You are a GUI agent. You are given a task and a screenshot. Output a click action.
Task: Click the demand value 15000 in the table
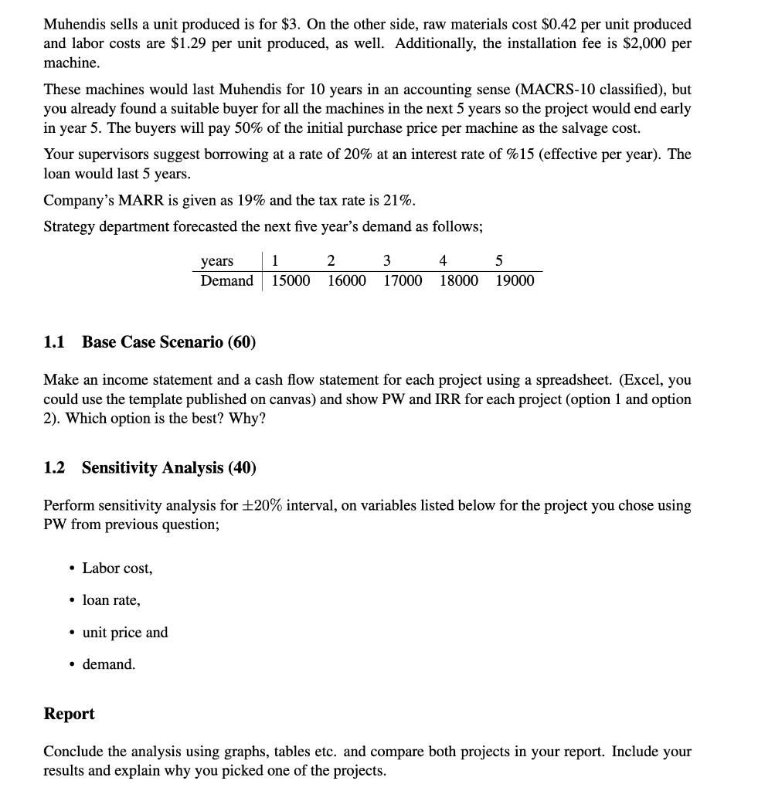click(x=291, y=280)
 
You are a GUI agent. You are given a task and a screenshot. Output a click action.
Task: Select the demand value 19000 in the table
click(x=515, y=280)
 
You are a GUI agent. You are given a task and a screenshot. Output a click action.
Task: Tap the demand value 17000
click(x=403, y=280)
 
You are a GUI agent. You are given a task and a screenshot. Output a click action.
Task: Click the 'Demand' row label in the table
click(x=226, y=280)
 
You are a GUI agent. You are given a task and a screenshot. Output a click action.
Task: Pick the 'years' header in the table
click(x=217, y=261)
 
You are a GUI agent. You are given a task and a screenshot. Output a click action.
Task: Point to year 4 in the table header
click(x=443, y=261)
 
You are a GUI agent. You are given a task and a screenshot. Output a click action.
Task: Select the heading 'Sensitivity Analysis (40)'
click(x=168, y=468)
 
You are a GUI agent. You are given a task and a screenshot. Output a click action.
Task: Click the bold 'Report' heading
click(x=69, y=714)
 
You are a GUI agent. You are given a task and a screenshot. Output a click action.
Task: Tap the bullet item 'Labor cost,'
click(x=117, y=569)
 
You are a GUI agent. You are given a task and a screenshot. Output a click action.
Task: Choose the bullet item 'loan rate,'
click(x=111, y=600)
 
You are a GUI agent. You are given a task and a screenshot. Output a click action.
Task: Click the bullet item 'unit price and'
click(x=124, y=633)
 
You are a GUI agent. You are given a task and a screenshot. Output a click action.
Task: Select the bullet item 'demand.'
click(x=109, y=664)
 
